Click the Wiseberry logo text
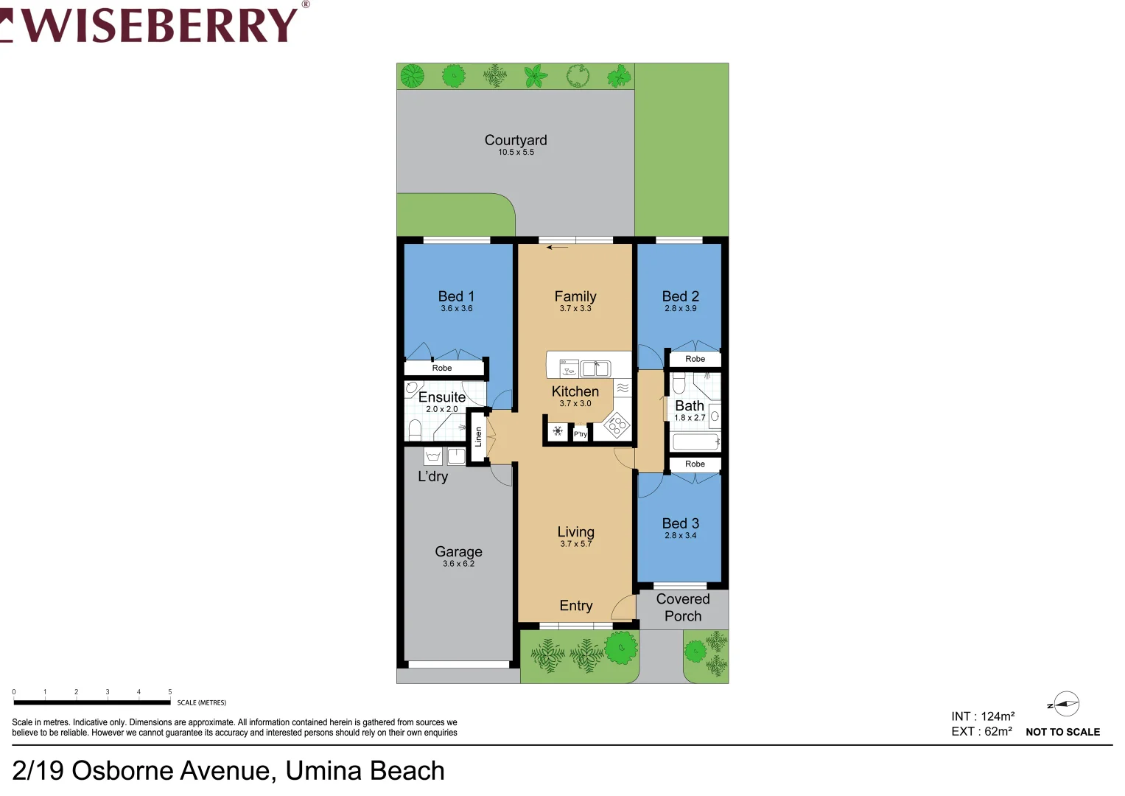point(158,24)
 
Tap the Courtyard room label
point(516,140)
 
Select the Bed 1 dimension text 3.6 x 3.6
point(457,309)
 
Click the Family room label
point(575,296)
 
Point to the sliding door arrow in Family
point(557,248)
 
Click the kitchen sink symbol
point(595,368)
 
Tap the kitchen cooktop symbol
point(616,425)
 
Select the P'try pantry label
point(581,434)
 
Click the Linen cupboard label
point(478,437)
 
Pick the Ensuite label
point(442,397)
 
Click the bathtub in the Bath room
point(695,441)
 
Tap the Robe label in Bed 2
point(695,359)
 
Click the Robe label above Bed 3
point(695,464)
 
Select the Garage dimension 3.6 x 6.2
point(458,564)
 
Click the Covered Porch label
point(683,607)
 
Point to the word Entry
point(576,606)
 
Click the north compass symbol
point(1065,704)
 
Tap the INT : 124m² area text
point(983,716)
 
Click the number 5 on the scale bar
point(169,692)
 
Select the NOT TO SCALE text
point(1062,732)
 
